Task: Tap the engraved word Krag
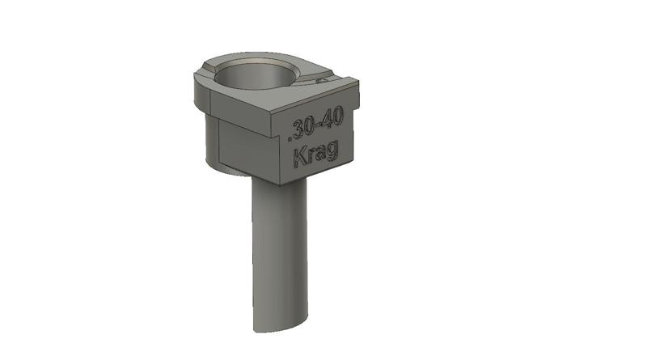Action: (x=316, y=153)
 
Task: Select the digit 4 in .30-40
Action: (x=328, y=121)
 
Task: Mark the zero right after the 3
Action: (x=314, y=125)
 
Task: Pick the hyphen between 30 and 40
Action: (x=321, y=123)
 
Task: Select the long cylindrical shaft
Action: (x=279, y=251)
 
